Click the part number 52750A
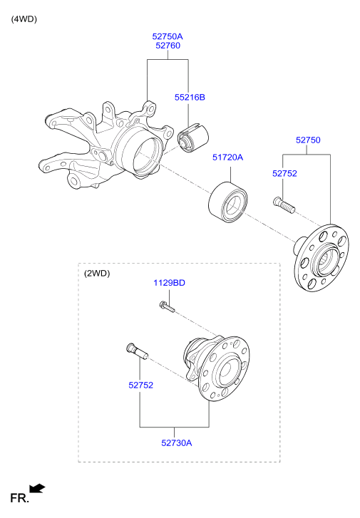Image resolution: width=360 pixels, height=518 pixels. [168, 36]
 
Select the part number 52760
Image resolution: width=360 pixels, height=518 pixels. [168, 46]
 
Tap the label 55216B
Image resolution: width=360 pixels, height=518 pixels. [190, 97]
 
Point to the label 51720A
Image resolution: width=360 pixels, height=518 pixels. [227, 157]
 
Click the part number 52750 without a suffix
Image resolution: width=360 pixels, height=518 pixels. [308, 140]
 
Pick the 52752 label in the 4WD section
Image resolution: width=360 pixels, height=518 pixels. [284, 173]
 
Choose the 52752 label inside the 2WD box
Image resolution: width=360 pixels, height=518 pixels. [141, 385]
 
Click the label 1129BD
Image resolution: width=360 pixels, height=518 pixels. [169, 283]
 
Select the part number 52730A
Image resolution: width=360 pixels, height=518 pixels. [177, 442]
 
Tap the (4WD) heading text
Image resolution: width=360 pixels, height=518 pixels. [24, 19]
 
